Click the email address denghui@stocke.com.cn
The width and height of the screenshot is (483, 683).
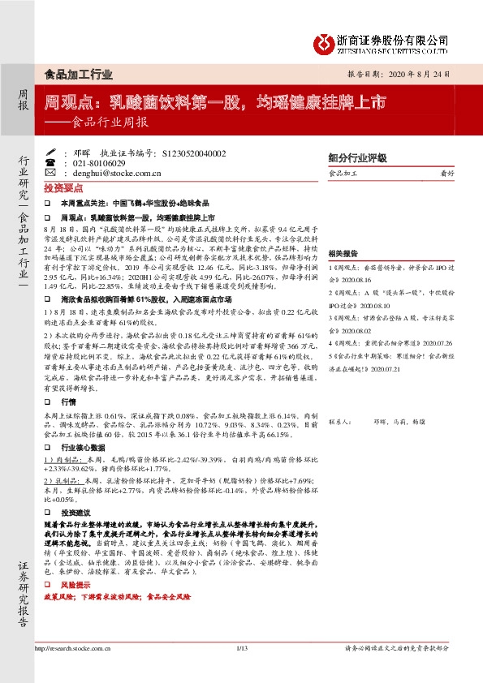[x=116, y=172]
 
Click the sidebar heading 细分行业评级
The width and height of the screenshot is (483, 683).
[x=356, y=158]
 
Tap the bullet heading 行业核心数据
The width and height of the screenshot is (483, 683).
[x=80, y=445]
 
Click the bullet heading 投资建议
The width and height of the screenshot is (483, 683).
[x=74, y=513]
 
